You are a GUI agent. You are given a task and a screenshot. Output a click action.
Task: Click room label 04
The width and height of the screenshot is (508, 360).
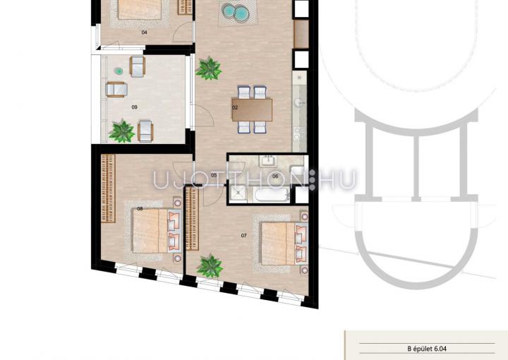(144, 32)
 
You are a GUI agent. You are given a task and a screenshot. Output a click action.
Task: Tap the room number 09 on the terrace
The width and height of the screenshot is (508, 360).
(135, 107)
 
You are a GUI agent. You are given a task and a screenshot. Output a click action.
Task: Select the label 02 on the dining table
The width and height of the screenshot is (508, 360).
(235, 107)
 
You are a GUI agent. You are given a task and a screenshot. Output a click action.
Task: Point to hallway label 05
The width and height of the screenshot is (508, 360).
(214, 175)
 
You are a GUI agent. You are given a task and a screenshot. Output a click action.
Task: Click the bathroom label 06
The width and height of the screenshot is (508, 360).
(275, 176)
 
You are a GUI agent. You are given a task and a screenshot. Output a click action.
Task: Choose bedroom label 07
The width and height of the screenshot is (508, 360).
(244, 236)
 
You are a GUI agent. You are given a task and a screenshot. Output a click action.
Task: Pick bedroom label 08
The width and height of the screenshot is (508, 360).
(140, 209)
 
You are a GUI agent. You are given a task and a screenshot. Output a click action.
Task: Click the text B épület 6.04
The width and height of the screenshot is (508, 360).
(427, 349)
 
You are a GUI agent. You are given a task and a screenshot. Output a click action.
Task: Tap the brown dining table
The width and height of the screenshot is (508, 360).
(252, 110)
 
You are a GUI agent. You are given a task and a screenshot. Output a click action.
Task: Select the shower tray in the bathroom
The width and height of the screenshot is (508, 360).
(238, 195)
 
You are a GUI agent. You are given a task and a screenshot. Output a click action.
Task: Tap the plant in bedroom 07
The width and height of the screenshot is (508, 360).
(210, 266)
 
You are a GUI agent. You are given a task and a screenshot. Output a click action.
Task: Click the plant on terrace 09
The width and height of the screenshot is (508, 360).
(122, 131)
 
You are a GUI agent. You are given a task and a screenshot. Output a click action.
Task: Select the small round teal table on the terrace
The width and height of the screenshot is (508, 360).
(119, 71)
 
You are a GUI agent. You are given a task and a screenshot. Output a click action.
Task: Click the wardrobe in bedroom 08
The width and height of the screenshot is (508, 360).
(108, 188)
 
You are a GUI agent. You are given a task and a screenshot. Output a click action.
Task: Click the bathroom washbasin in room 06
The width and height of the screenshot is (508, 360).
(268, 161)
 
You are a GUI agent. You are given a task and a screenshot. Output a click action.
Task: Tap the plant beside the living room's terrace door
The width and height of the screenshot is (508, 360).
(209, 68)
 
